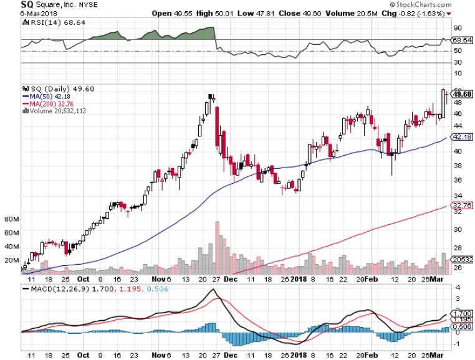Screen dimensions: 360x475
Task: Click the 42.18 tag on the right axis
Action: click(460, 137)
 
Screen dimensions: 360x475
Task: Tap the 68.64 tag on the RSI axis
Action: click(460, 39)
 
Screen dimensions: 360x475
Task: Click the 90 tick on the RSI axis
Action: click(456, 27)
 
